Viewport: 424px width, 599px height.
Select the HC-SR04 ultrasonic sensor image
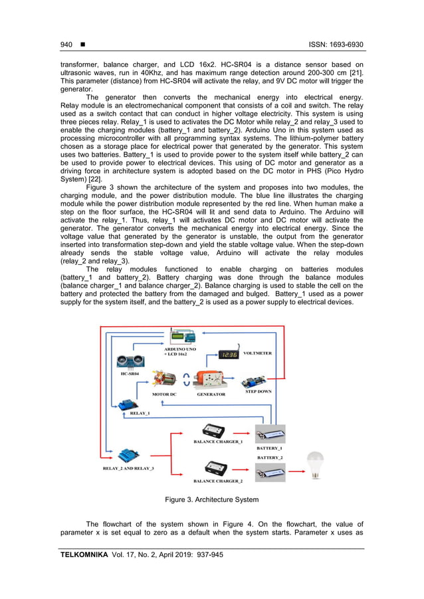pyautogui.click(x=132, y=361)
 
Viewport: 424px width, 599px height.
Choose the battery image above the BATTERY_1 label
pyautogui.click(x=270, y=435)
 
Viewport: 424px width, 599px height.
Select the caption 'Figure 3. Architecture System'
pyautogui.click(x=212, y=499)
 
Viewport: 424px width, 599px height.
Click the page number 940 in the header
pyautogui.click(x=66, y=44)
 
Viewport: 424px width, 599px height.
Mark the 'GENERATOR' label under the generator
pyautogui.click(x=211, y=394)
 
